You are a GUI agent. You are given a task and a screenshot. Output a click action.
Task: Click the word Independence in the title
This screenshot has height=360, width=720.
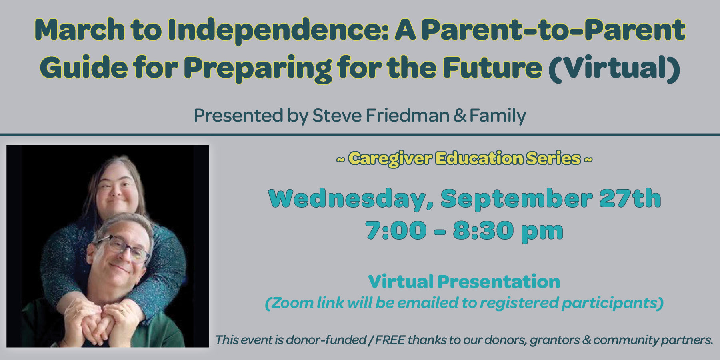click(278, 30)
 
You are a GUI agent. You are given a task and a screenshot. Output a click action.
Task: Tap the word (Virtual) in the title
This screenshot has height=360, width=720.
click(614, 68)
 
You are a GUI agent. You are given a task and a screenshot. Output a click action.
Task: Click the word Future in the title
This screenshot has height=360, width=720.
click(492, 67)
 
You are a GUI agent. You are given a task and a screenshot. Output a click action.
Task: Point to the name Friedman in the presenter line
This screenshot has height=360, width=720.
click(408, 115)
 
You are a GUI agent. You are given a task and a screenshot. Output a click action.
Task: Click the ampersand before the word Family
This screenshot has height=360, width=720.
click(460, 116)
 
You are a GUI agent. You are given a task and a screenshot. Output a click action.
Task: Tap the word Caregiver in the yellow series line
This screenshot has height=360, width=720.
click(390, 159)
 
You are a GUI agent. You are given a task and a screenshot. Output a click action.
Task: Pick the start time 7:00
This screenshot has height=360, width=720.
click(396, 230)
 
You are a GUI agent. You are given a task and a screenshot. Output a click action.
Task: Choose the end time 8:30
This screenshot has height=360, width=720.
click(483, 230)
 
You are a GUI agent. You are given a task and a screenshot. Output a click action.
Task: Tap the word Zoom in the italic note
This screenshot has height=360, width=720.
click(292, 303)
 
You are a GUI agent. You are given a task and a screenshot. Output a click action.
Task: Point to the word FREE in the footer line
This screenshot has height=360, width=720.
click(390, 340)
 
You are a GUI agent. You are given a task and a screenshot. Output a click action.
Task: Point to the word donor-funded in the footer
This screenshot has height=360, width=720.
click(326, 340)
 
